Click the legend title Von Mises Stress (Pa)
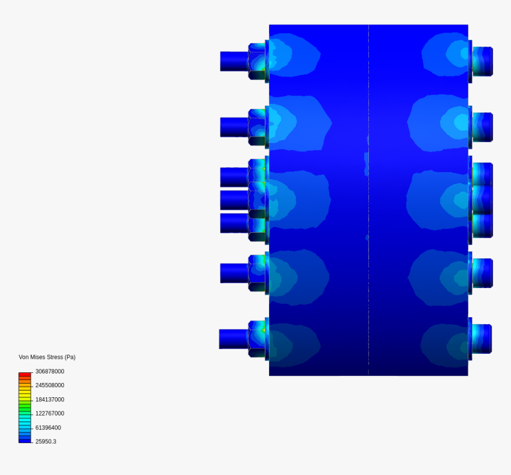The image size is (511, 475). coord(47,357)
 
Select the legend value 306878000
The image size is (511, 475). coord(50,372)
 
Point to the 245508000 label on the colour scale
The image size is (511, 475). coord(50,385)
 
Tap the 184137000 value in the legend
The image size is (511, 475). coord(50,400)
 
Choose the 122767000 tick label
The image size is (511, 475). coord(50,413)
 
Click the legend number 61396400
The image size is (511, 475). coord(48,427)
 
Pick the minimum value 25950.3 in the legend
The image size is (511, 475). coord(46,442)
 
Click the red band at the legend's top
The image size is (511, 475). coord(25,375)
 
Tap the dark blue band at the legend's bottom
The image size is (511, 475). coord(25,441)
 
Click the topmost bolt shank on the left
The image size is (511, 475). coord(234,61)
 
